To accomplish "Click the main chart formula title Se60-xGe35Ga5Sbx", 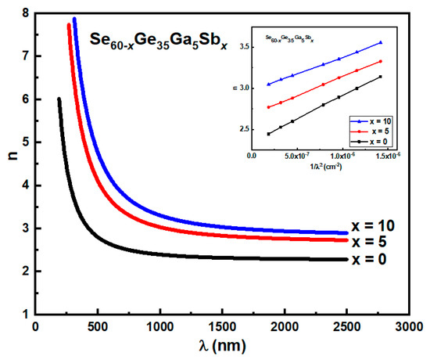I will coord(159,41).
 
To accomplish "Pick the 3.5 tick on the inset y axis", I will coord(242,48).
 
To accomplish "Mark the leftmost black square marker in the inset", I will coord(269,134).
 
